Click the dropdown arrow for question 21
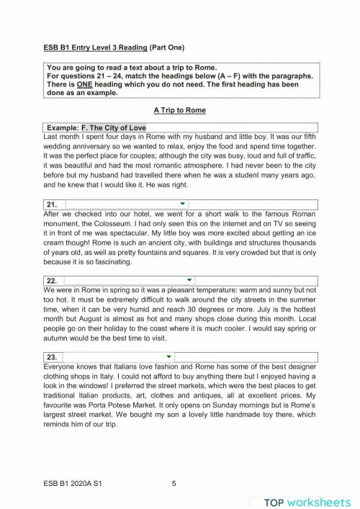coord(183,204)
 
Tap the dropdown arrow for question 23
coord(169,356)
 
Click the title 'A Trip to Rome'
coord(179,110)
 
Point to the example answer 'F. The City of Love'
coord(113,127)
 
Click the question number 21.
coord(51,204)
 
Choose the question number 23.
coord(51,357)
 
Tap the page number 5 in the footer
coord(174,484)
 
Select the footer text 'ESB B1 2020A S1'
coord(73,484)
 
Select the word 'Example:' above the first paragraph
coord(63,127)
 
